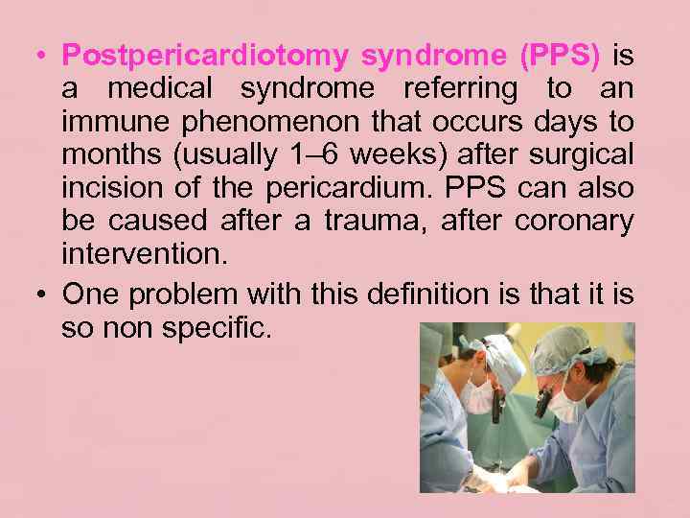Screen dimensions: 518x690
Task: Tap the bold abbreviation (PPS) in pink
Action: tap(559, 57)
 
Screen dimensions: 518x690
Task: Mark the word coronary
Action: tap(574, 222)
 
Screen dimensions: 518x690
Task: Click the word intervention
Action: tap(144, 255)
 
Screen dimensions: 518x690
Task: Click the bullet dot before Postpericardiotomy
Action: tap(34, 57)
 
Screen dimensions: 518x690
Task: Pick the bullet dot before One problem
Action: tap(34, 294)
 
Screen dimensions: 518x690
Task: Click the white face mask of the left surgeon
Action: tap(477, 396)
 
